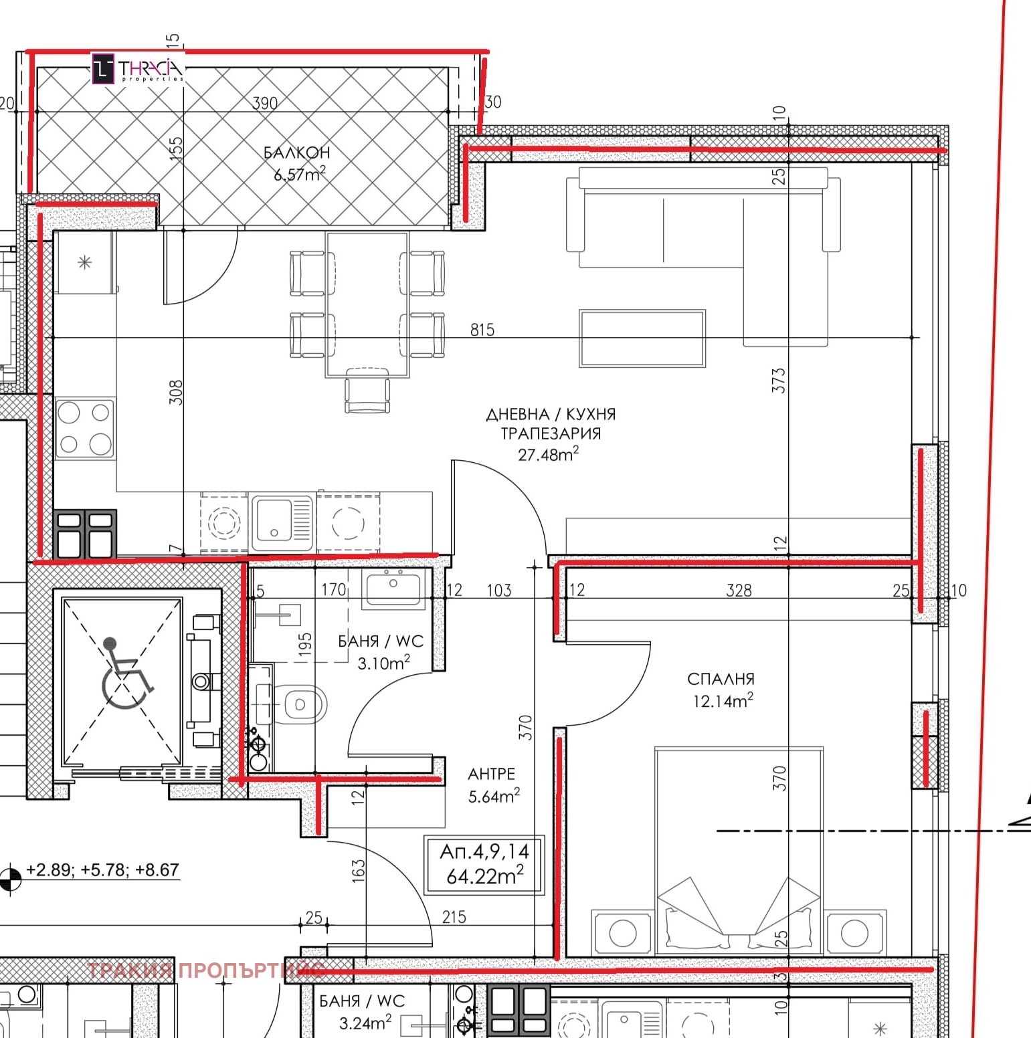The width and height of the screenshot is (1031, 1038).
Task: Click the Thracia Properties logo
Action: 137,69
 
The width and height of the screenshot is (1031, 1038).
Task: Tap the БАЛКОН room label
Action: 296,153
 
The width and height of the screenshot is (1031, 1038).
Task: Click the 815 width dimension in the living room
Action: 482,330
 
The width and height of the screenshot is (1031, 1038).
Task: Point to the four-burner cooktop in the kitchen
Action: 85,428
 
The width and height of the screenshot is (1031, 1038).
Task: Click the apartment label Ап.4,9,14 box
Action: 484,864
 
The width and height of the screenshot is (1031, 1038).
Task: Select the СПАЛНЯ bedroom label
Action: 721,680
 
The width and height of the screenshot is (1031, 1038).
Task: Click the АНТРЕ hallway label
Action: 491,774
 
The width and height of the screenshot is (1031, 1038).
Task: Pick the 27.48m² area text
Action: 548,455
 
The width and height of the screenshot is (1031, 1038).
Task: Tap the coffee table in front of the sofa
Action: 642,338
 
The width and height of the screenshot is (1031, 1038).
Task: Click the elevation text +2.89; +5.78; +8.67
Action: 102,870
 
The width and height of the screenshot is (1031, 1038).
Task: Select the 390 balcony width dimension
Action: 265,103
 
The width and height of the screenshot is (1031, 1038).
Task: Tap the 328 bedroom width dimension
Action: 739,590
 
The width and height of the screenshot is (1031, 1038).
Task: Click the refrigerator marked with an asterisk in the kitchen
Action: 85,263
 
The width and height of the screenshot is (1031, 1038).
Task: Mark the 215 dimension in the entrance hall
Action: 454,917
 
